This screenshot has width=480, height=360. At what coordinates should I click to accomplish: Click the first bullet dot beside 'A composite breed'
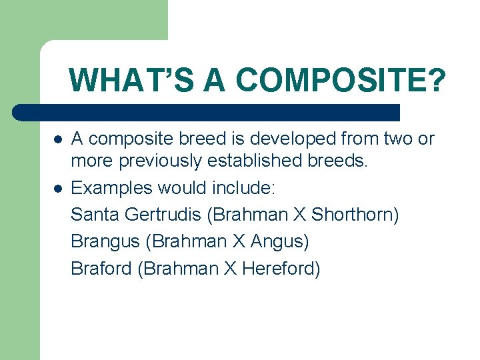pos(58,140)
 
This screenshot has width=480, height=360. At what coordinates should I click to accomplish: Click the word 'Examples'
pos(111,189)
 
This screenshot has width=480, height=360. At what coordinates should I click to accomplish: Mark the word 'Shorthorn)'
pos(355,215)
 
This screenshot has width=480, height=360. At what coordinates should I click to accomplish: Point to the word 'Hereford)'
pos(281,269)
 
